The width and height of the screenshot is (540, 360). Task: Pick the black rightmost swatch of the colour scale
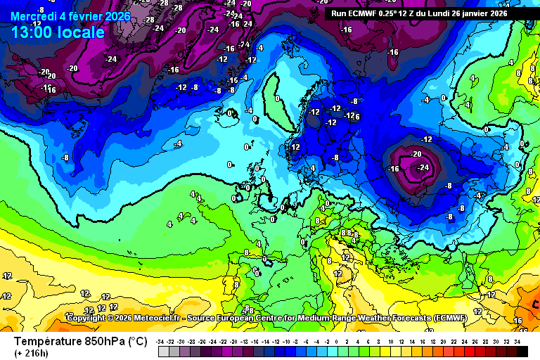522,352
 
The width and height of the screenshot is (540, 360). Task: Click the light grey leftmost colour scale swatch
163,352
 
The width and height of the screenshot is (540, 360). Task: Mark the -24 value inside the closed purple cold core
423,167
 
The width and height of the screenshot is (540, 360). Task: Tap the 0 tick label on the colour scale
338,341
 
